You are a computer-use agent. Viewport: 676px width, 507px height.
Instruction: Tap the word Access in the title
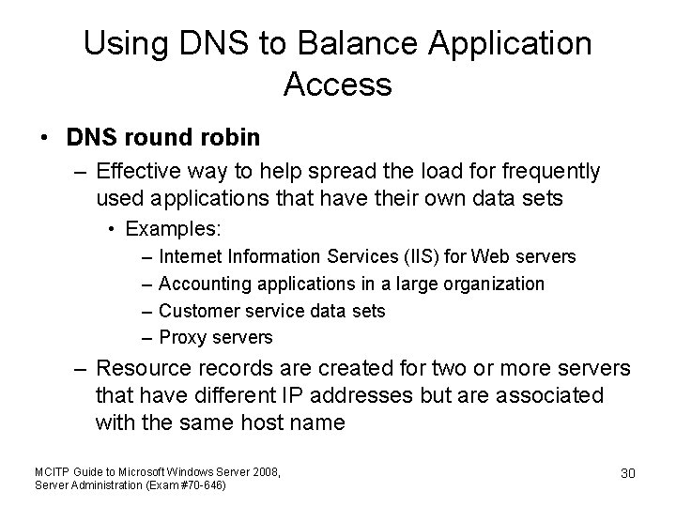[337, 86]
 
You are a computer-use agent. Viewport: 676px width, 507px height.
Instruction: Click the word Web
[492, 256]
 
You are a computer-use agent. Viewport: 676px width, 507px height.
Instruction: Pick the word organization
[492, 284]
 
